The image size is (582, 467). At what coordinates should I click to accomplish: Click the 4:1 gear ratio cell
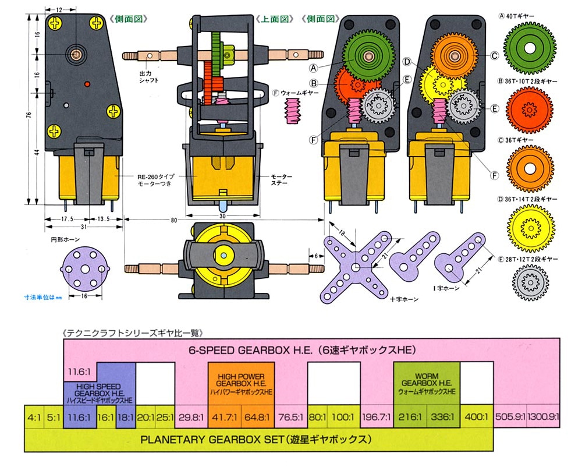[34, 418]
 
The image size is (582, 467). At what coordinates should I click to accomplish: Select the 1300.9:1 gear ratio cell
[544, 418]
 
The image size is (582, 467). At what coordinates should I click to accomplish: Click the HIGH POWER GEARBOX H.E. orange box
[241, 383]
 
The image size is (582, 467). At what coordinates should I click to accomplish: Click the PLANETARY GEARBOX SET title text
[256, 438]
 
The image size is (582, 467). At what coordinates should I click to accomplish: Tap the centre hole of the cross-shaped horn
[356, 267]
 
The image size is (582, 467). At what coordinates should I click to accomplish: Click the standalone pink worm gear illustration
[295, 109]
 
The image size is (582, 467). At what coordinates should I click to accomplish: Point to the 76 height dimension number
[29, 116]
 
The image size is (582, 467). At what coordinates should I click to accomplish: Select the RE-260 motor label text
[156, 178]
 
